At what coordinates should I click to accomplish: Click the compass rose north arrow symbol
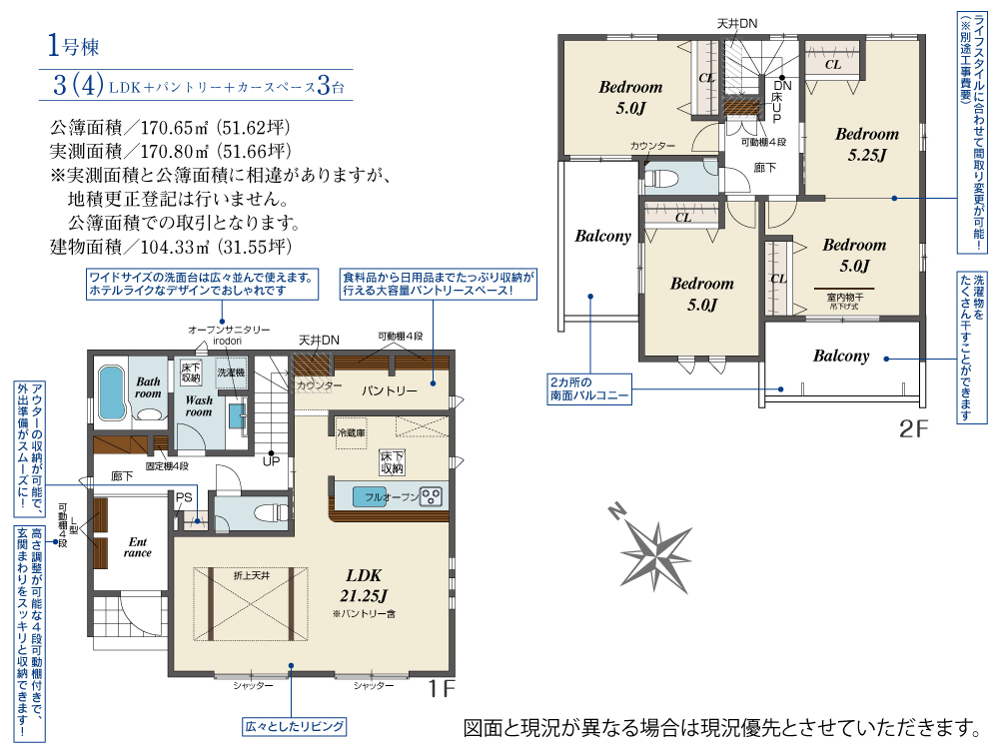(655, 552)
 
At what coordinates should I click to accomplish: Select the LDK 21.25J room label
(364, 585)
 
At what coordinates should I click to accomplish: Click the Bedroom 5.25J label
(867, 144)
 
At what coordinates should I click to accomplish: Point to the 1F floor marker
(441, 688)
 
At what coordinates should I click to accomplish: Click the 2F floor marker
(913, 428)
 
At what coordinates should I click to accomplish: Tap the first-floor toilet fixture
(270, 512)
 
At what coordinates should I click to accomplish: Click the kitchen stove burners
(432, 496)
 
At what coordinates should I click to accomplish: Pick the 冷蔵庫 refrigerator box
(351, 433)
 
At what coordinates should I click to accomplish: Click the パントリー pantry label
(390, 390)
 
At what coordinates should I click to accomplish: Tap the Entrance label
(138, 547)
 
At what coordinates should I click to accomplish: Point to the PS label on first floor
(184, 498)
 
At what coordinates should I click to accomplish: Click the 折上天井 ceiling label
(252, 576)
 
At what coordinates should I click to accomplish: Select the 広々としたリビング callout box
(295, 726)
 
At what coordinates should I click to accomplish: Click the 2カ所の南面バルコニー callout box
(589, 389)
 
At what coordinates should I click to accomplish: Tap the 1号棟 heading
(73, 45)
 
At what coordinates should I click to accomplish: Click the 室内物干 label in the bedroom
(844, 297)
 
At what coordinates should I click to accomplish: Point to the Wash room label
(199, 406)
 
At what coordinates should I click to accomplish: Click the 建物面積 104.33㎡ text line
(171, 247)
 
